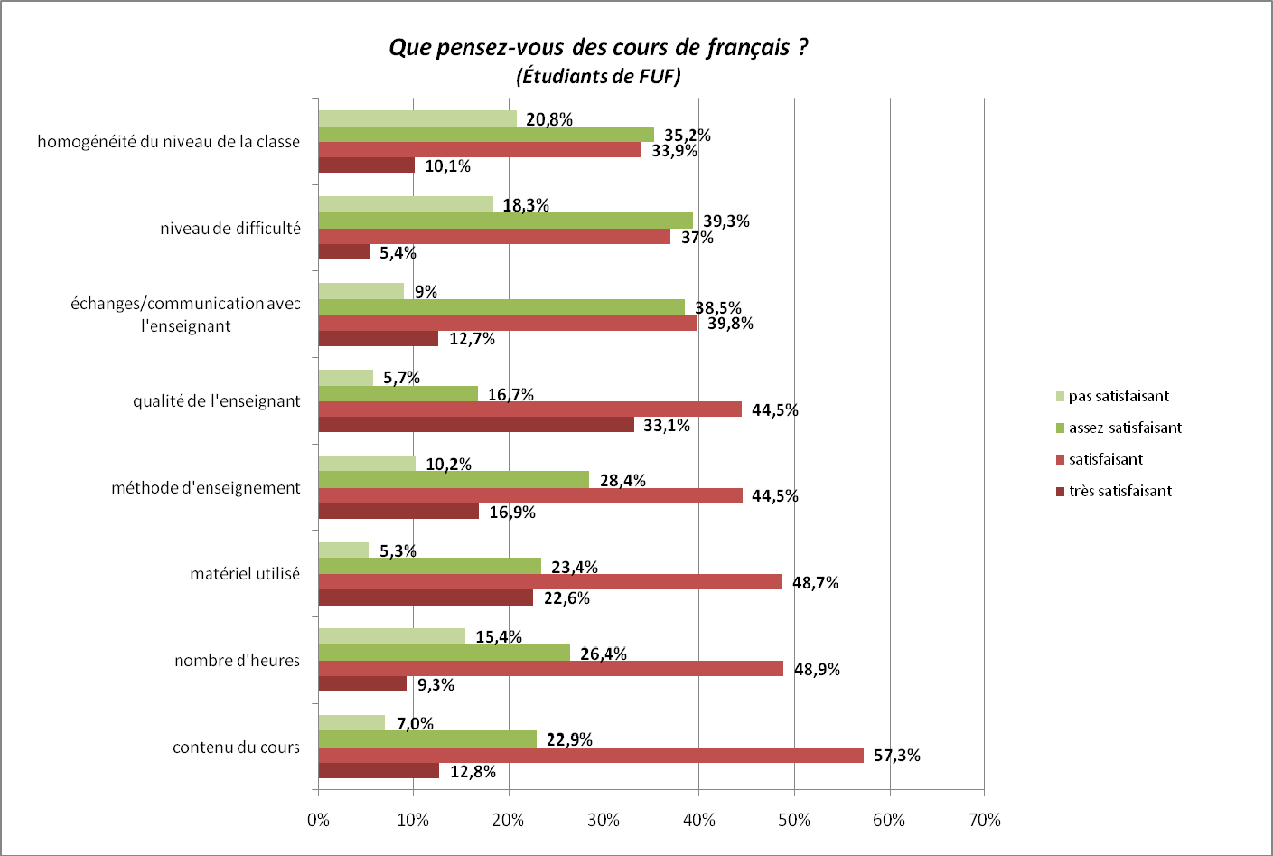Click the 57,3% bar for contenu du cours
tap(591, 756)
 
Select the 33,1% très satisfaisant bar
tap(476, 425)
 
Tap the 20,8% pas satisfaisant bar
tap(417, 118)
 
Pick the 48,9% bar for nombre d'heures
tap(551, 669)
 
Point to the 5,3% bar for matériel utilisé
tap(343, 550)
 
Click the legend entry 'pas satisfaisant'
tap(1119, 396)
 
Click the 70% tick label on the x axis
tap(984, 820)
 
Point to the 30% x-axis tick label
tap(604, 820)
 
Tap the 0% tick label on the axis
tap(318, 820)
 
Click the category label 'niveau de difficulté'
tap(230, 229)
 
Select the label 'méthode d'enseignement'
tap(206, 488)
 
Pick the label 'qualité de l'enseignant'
tap(217, 401)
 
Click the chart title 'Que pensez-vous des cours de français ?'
tap(598, 47)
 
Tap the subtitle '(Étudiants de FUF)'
tap(598, 76)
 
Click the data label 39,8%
tap(730, 324)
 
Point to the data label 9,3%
tap(435, 685)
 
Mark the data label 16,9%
tap(512, 513)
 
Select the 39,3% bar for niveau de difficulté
tap(506, 221)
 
